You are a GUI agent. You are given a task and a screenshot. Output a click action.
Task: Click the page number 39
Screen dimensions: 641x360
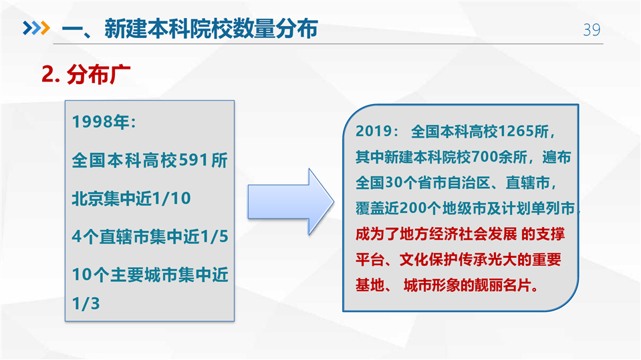click(x=592, y=30)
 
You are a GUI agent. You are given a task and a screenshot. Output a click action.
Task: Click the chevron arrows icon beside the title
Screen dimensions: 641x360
click(x=36, y=28)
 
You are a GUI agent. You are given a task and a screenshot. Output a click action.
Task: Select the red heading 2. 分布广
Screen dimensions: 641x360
click(x=86, y=74)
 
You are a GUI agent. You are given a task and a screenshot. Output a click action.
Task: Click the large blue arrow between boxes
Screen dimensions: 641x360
click(x=291, y=202)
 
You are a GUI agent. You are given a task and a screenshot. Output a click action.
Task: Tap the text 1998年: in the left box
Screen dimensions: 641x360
click(x=104, y=122)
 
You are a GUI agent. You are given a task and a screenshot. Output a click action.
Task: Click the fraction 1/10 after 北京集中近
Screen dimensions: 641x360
click(x=171, y=198)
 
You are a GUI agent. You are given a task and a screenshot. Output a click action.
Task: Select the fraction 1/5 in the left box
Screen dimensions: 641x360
click(x=214, y=236)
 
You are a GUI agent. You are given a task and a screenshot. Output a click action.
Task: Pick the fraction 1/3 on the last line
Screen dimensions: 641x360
click(x=86, y=304)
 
